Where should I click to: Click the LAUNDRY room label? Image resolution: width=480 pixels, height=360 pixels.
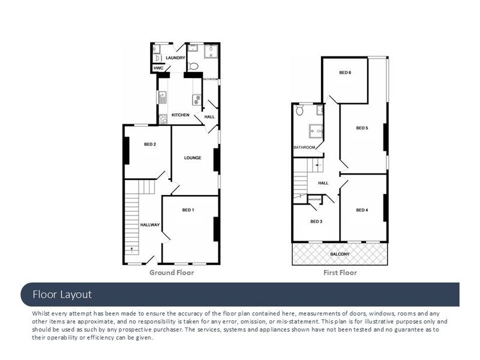click(x=175, y=58)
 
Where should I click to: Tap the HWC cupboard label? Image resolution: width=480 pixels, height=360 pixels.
click(x=158, y=68)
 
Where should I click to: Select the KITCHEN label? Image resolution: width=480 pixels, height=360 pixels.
click(x=181, y=115)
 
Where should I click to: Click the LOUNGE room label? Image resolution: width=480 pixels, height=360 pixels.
click(x=193, y=158)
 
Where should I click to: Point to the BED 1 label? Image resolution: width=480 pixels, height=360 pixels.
click(x=188, y=210)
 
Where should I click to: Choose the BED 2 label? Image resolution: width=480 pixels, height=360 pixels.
click(x=150, y=145)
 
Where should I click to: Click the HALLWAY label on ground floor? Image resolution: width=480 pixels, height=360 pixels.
click(x=150, y=225)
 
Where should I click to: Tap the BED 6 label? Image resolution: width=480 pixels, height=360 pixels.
click(x=345, y=73)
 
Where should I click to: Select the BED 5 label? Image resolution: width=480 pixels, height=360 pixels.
click(x=362, y=128)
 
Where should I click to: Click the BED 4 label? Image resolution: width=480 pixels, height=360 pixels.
click(x=362, y=211)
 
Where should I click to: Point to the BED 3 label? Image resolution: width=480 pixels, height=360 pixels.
click(x=316, y=221)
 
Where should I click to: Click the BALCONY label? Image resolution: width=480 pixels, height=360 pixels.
click(x=340, y=254)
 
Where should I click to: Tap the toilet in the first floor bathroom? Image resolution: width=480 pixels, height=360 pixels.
click(x=299, y=110)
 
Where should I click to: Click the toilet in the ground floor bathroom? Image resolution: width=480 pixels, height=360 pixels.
click(x=193, y=66)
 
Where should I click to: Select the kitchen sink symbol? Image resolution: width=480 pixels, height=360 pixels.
click(x=162, y=97)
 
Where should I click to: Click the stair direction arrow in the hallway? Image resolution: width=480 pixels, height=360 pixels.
click(x=132, y=250)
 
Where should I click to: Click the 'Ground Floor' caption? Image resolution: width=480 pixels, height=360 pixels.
click(x=172, y=273)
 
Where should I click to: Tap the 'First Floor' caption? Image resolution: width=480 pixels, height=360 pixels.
click(x=340, y=273)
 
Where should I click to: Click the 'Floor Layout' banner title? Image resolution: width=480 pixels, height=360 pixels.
click(x=62, y=295)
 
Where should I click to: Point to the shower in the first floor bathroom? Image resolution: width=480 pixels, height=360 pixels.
click(x=316, y=131)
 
